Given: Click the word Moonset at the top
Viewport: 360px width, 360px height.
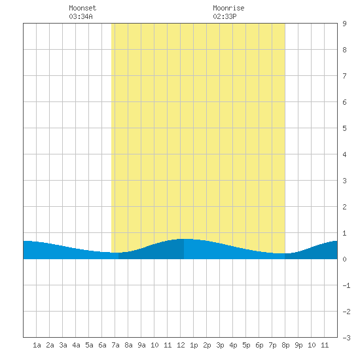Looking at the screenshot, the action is click(x=82, y=8).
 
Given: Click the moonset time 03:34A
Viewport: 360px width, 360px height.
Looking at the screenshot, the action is click(x=81, y=16).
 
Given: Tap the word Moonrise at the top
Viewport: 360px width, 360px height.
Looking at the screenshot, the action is click(x=228, y=8).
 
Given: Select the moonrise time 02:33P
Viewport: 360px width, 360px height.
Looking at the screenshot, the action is click(x=225, y=16).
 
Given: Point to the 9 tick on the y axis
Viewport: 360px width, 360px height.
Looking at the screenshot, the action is click(x=344, y=24).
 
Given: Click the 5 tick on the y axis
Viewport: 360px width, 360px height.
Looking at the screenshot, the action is click(x=344, y=128).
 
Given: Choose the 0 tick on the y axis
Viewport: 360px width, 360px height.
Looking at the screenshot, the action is click(x=344, y=259).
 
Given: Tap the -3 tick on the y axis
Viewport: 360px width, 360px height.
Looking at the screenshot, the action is click(x=346, y=338).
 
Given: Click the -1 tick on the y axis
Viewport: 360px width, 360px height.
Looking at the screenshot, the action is click(x=346, y=285).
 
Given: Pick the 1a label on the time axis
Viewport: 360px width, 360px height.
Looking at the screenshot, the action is click(x=37, y=345).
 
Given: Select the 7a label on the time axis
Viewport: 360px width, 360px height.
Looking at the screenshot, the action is click(x=115, y=345).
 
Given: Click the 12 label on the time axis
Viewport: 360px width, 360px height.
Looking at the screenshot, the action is click(x=181, y=345).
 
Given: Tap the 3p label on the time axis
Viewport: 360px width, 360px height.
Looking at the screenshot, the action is click(x=220, y=345).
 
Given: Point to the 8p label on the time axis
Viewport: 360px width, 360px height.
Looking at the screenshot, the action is click(x=285, y=345).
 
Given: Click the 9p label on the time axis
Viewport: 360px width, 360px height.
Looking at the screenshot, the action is click(x=298, y=345).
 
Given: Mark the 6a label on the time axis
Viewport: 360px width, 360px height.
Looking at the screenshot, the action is click(x=102, y=345).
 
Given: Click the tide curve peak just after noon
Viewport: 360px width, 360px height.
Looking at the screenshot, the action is click(x=185, y=239).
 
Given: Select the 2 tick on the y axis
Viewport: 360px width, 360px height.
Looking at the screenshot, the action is click(x=344, y=207).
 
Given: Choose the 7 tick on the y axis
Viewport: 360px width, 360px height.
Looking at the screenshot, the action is click(x=344, y=76).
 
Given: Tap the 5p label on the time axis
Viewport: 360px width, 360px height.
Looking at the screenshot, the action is click(x=246, y=345).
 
